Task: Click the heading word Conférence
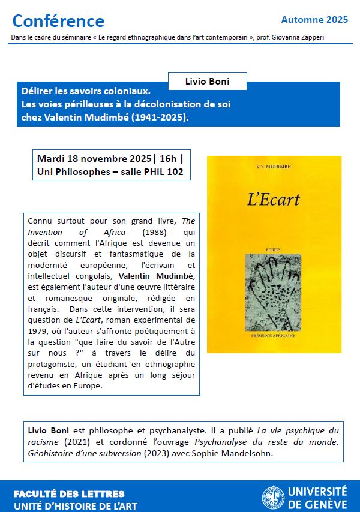coord(58,22)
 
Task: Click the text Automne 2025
coord(314,20)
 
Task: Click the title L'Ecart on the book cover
coord(274,200)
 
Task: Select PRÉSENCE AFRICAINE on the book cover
coord(274,339)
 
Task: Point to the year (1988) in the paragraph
coord(155,232)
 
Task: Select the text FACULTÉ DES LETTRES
coord(69,494)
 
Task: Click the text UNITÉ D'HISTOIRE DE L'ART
coord(75,506)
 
